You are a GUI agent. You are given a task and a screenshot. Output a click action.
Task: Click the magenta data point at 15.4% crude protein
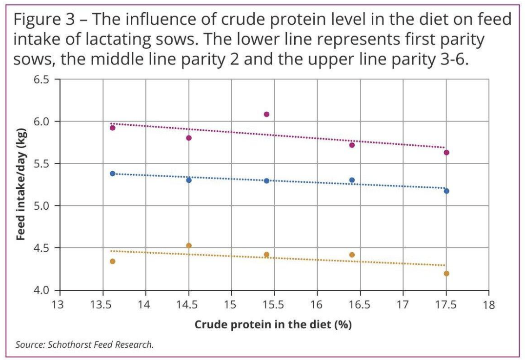266,114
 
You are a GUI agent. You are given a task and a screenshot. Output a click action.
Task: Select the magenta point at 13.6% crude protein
112,128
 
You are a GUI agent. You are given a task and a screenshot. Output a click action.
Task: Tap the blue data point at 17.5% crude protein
446,191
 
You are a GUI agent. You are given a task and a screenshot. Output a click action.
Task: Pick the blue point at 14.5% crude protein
189,180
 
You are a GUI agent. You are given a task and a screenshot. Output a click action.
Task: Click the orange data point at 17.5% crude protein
446,273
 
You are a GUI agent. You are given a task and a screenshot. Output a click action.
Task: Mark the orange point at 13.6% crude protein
112,261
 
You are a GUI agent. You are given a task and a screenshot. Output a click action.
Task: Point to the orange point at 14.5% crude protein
189,245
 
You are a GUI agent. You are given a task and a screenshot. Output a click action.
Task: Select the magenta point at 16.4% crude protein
352,145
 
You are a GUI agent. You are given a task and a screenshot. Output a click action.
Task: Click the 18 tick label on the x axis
488,306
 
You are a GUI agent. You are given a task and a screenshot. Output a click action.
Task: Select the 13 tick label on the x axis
59,306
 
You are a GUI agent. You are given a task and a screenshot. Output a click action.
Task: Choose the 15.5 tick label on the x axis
274,306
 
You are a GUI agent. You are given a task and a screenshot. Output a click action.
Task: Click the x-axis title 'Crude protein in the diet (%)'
273,324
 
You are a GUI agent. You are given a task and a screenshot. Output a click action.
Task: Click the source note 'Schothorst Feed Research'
100,345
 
